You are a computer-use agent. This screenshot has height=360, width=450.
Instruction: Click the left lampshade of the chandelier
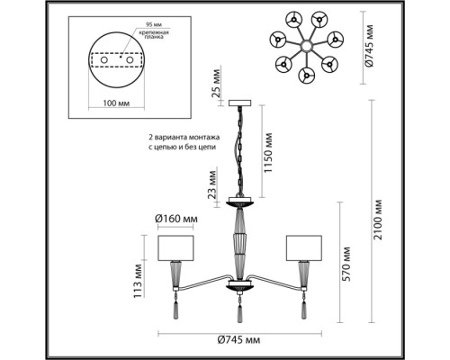point(177,247)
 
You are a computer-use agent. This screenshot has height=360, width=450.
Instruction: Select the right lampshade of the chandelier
point(303,247)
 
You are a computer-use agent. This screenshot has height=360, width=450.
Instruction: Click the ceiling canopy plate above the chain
point(241,101)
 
